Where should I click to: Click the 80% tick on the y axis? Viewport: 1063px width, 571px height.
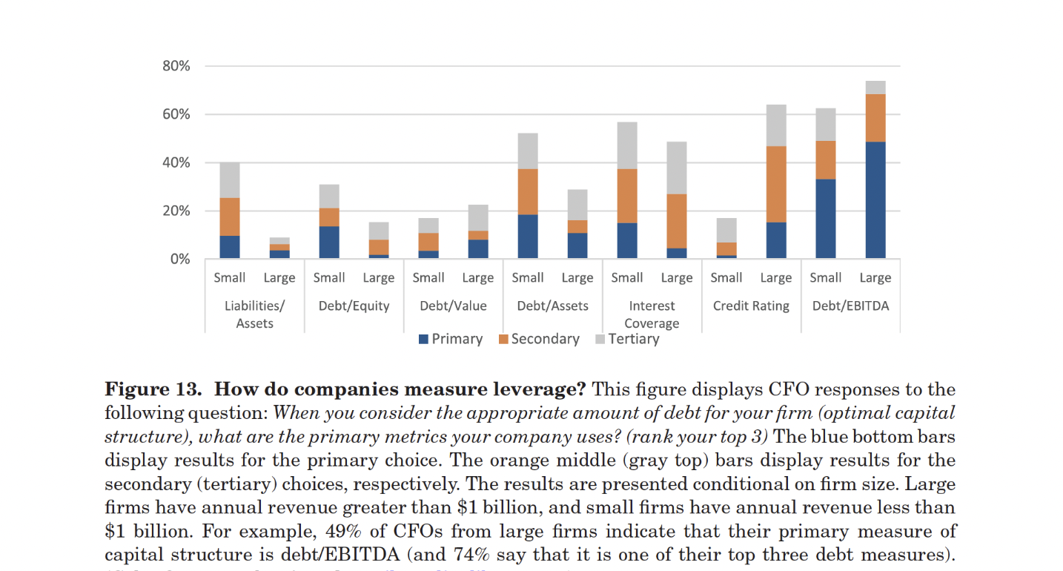click(176, 66)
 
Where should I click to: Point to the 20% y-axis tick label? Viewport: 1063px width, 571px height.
click(176, 211)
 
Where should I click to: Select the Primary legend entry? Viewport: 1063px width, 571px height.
click(451, 339)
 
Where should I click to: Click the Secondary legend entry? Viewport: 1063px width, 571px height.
click(539, 339)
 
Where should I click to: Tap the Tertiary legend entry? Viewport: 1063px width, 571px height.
click(627, 339)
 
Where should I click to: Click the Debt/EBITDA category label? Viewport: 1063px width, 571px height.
click(850, 306)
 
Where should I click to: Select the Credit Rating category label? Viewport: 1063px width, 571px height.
click(751, 306)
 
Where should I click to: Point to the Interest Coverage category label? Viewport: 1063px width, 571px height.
click(652, 314)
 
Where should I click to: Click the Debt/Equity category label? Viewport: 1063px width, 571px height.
click(354, 306)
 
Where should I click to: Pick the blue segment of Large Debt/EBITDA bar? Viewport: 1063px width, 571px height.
click(875, 200)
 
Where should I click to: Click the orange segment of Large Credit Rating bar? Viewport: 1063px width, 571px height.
click(776, 184)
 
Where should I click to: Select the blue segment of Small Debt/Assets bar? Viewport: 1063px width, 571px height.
click(528, 237)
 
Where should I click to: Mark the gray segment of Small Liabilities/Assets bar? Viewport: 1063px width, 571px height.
click(230, 180)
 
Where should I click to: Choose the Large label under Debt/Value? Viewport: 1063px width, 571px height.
click(478, 278)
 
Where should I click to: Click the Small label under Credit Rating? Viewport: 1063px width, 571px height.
click(726, 278)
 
